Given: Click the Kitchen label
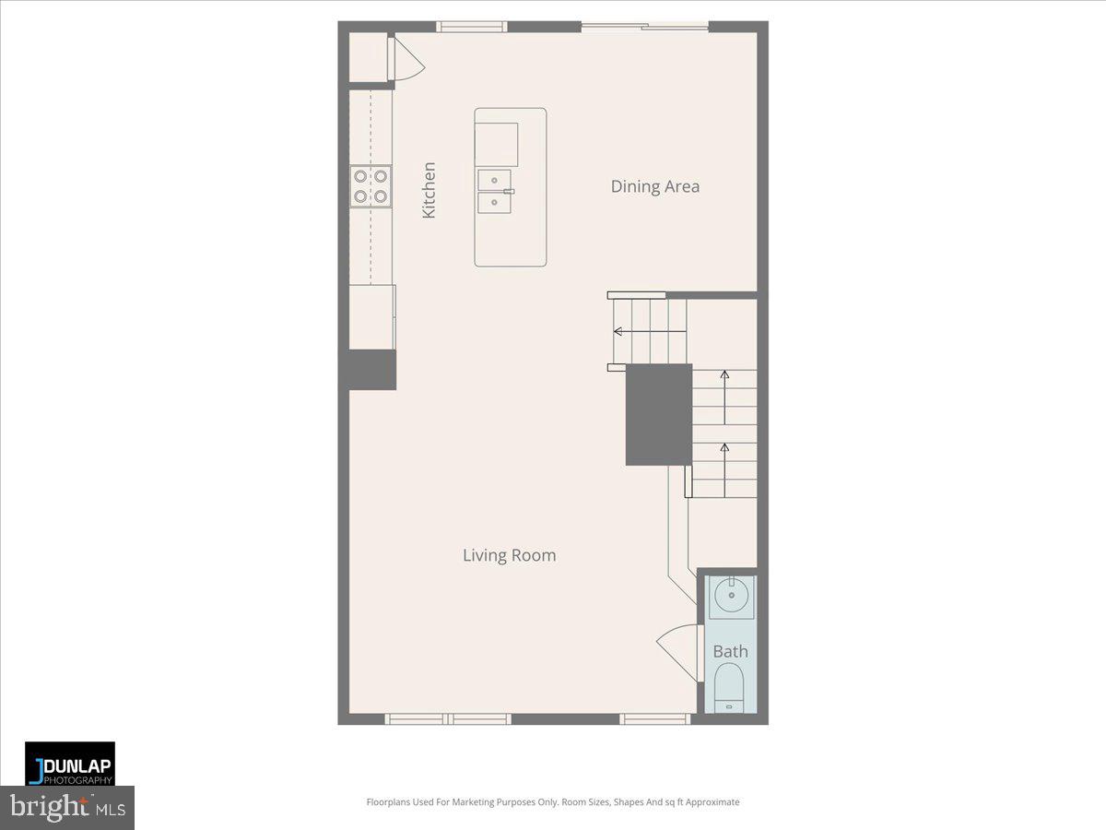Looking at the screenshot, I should [x=429, y=191].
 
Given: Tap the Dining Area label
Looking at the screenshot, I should [x=654, y=186].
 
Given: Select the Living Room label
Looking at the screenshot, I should [x=509, y=555].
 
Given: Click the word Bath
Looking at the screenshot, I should [x=731, y=651].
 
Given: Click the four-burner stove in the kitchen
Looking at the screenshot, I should [x=371, y=186].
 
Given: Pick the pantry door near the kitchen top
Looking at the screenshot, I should [x=406, y=60].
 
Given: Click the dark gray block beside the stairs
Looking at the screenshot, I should [x=659, y=414].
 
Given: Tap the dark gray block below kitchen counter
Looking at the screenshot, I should [x=372, y=369].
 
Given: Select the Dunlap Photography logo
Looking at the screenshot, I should [x=70, y=764].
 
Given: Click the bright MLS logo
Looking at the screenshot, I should [x=67, y=808].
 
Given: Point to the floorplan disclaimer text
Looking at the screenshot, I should [x=553, y=802].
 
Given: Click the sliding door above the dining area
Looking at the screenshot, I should [x=644, y=27].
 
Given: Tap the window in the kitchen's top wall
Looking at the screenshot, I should [x=472, y=27].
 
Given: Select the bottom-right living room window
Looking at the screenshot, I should [x=655, y=718].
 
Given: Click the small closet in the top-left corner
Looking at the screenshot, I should [x=368, y=58].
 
